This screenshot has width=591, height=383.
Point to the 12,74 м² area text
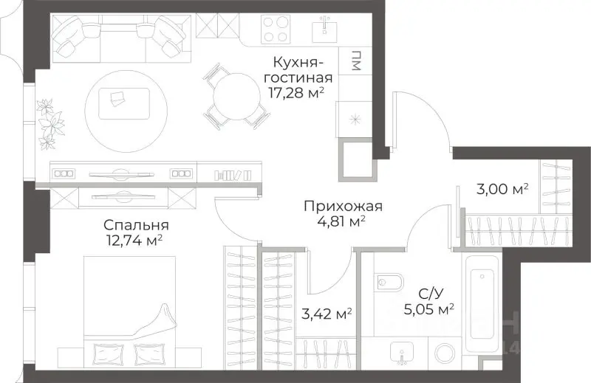(134, 240)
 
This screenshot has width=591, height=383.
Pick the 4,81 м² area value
(335, 221)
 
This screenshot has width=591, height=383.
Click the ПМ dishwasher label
(356, 62)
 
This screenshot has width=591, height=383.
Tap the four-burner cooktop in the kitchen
(276, 29)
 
